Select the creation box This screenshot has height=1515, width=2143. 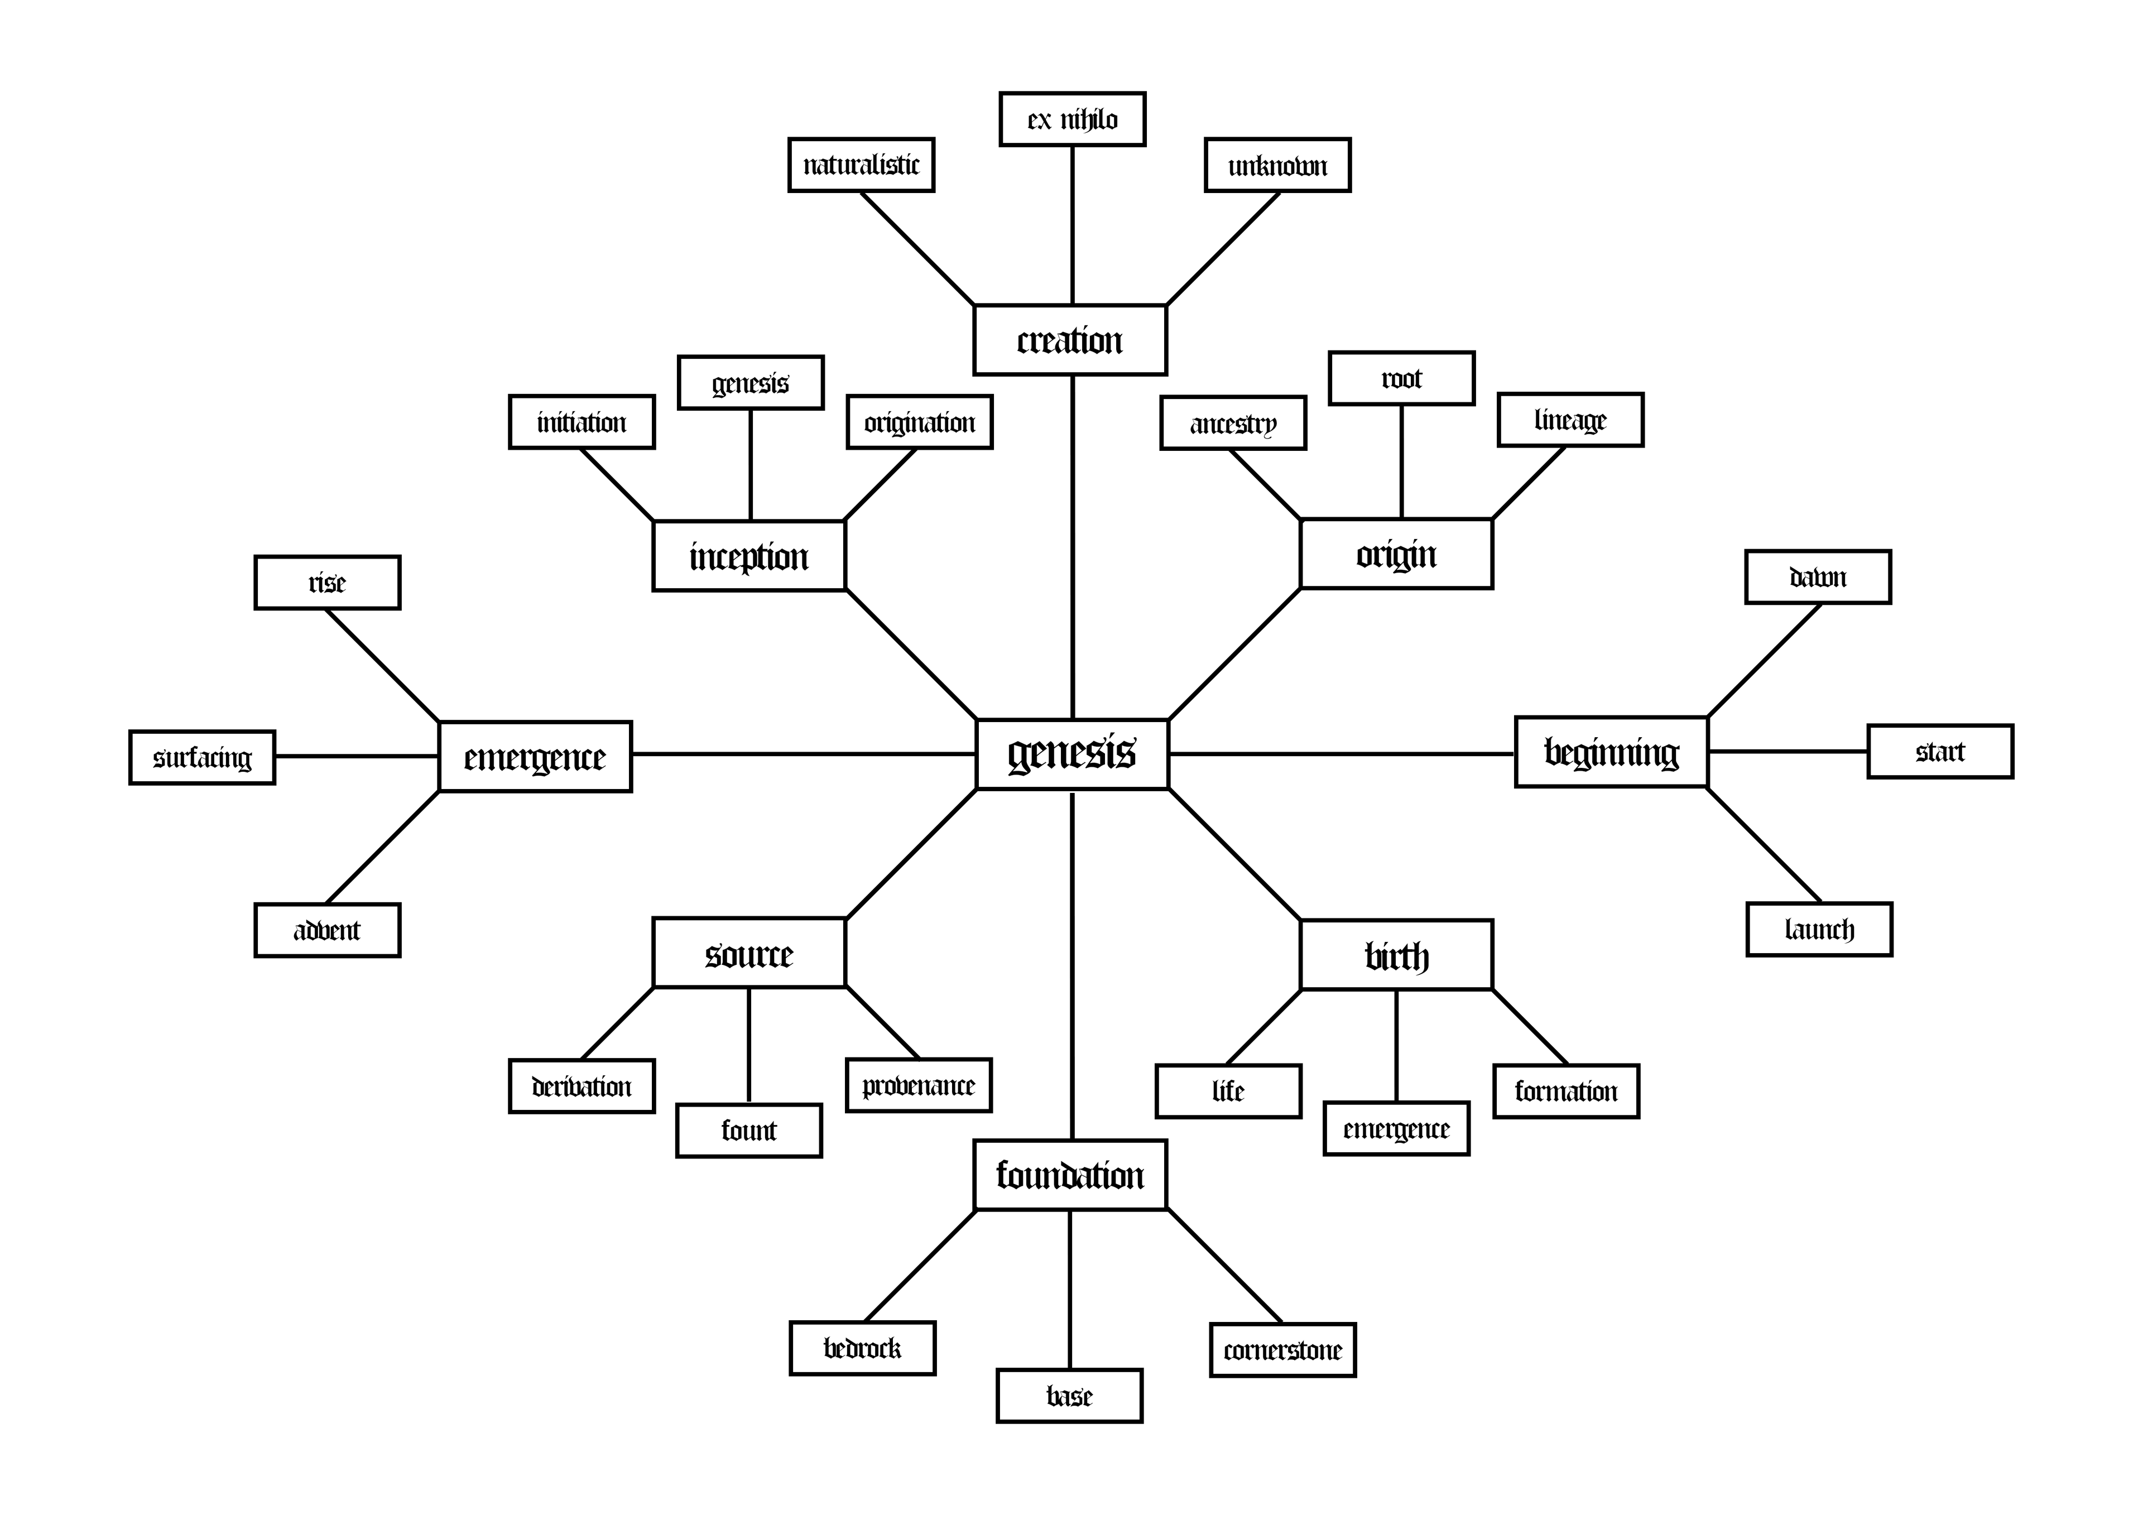(1070, 340)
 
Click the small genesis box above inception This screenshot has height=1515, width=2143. (751, 383)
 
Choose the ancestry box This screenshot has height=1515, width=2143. (1232, 424)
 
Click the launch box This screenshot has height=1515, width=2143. (1819, 930)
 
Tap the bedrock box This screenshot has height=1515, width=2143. (862, 1348)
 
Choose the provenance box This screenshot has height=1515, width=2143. (919, 1085)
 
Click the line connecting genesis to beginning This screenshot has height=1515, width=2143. (1340, 753)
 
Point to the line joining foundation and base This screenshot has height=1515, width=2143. (1070, 1289)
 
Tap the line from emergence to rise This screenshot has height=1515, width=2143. (383, 666)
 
